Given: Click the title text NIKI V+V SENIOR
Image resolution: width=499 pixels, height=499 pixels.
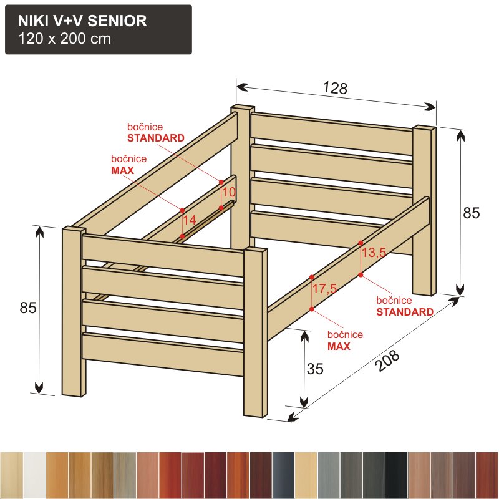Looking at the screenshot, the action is point(82,21).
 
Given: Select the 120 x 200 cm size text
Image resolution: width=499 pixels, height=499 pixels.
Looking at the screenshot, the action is point(65,39).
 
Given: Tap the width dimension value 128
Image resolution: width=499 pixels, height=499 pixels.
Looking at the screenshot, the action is point(335,88).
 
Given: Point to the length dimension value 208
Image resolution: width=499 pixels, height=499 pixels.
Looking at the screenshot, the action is point(387,361).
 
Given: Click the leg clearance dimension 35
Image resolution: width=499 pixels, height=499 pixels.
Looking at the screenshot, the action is point(315,369).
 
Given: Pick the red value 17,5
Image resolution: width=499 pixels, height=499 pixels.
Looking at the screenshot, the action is point(324,289).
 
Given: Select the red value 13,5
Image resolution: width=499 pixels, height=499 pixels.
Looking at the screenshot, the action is point(374,253).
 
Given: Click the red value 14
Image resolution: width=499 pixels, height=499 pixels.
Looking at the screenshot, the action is point(190,220).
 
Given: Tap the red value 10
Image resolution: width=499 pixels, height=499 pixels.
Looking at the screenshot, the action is point(228,192).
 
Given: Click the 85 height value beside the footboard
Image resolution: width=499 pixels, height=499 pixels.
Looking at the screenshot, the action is point(28,308).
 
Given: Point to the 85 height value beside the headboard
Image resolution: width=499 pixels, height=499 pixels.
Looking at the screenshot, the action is point(472,213).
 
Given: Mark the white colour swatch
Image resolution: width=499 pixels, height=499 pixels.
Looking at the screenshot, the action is point(34,475).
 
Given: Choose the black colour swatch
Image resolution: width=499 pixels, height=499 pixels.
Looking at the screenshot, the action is point(396,475).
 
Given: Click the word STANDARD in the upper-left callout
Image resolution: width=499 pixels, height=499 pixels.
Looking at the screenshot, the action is point(156,138).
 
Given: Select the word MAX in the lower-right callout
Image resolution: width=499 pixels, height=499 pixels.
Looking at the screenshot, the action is point(339,346).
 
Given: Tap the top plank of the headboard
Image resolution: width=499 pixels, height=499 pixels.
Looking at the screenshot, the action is point(332,133).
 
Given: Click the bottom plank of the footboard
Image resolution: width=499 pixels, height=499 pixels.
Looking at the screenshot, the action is point(163,354).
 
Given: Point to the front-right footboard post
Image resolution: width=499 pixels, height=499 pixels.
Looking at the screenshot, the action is point(256,332).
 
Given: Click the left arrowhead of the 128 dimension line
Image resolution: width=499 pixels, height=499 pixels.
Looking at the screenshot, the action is point(243,87).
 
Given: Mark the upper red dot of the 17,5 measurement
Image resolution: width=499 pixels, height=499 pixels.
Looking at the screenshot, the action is point(311,278).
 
